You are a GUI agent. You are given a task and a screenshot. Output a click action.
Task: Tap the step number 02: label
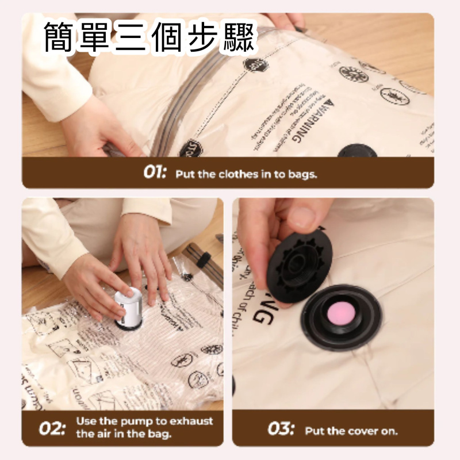(x=53, y=428)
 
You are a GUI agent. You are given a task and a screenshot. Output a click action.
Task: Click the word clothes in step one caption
(x=237, y=174)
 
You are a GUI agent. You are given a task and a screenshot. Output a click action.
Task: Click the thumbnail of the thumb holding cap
(x=303, y=217)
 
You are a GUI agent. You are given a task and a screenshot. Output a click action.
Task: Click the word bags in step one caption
(x=302, y=174)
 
